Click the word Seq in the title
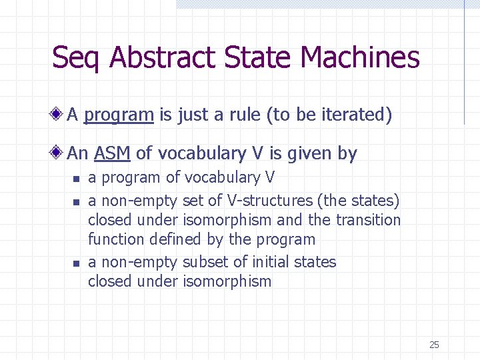(x=77, y=58)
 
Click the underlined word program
(x=119, y=115)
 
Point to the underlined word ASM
(x=112, y=154)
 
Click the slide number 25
(x=434, y=345)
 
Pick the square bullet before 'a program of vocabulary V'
(x=76, y=179)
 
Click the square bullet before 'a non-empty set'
(x=76, y=201)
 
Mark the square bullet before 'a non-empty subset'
(x=76, y=263)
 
